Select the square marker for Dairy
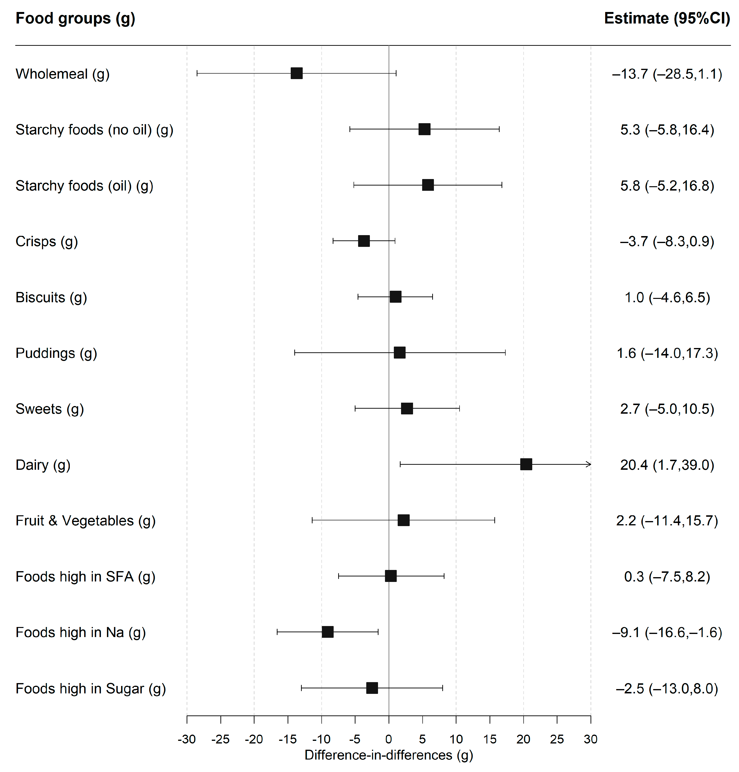coord(526,464)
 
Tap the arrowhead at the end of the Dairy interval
coord(589,464)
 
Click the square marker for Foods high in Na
coord(327,632)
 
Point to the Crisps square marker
coord(364,241)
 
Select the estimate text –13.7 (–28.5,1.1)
coord(667,74)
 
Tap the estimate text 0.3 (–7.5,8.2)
coord(667,576)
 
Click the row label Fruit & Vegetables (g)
coord(85,520)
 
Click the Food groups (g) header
coord(75,18)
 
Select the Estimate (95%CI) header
coord(667,18)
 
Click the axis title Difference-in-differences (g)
coord(388,755)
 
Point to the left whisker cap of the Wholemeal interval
coord(197,73)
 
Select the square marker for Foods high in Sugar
coord(372,688)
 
